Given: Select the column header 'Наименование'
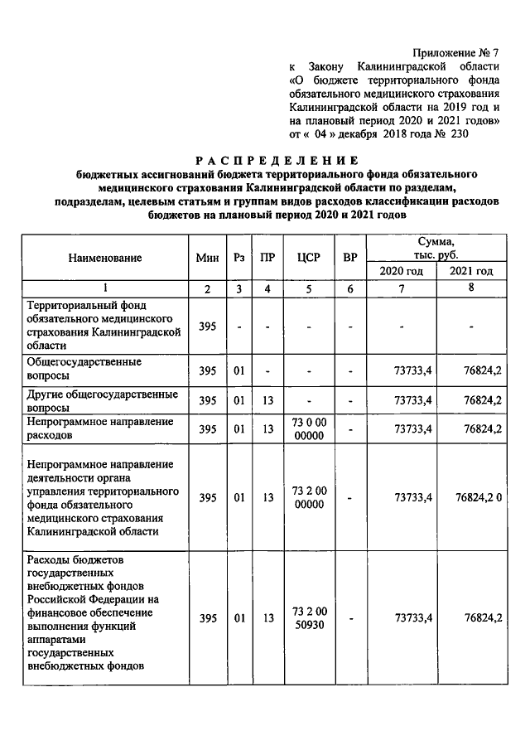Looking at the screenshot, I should (106, 258).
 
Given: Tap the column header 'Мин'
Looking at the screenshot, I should (206, 258).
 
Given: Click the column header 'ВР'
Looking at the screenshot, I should (350, 258).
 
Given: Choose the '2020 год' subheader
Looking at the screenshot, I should (401, 272).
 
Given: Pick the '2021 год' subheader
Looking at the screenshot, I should (471, 272).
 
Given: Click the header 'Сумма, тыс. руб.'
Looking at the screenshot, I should (436, 248).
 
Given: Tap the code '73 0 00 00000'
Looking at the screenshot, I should (308, 429).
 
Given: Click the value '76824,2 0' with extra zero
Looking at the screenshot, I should (479, 498).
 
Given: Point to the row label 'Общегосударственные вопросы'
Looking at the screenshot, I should (84, 368).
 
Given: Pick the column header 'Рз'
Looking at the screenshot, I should (238, 258).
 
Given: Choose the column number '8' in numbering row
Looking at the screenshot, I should (471, 288).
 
